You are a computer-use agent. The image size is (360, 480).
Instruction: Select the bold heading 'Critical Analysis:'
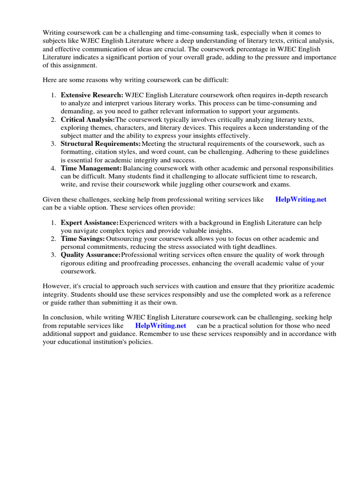coord(87,120)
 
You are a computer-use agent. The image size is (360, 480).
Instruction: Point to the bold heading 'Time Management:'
coord(91,168)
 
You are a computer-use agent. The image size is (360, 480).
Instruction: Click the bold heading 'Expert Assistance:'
coord(90,223)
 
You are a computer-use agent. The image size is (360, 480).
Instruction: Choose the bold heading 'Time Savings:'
coord(82,239)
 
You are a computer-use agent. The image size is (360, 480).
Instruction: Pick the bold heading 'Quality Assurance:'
coord(91,255)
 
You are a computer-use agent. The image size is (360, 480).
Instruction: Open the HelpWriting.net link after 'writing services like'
coord(301,199)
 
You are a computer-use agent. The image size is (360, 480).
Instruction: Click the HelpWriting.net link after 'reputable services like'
coord(161,325)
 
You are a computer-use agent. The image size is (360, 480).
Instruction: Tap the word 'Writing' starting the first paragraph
coord(54,33)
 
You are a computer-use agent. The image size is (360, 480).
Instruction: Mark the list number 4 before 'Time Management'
coord(53,168)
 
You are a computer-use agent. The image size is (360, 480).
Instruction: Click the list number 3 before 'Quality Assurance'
coord(53,255)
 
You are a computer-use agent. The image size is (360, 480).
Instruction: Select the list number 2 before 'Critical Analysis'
coord(53,120)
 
